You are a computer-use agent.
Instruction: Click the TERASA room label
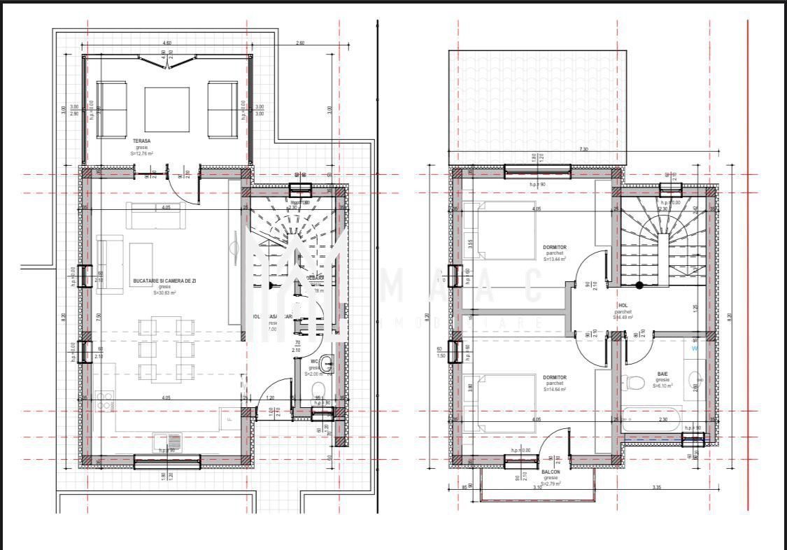pos(142,141)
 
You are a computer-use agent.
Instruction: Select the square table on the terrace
pos(167,109)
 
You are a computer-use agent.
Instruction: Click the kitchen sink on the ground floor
pos(167,442)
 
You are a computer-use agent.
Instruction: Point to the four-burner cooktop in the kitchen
pos(104,401)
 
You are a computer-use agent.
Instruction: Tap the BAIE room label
pos(662,374)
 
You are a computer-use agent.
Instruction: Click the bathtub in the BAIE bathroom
pos(651,419)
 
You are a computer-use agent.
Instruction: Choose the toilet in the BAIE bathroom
pos(633,382)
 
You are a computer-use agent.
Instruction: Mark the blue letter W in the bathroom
pos(695,348)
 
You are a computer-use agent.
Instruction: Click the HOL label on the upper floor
pos(623,306)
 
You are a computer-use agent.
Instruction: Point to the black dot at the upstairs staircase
pos(639,285)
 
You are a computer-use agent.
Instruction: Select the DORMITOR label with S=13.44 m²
pos(554,248)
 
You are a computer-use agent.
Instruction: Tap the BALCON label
pos(551,472)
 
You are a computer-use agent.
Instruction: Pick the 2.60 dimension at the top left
pos(300,43)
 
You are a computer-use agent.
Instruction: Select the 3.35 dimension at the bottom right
pos(656,487)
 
